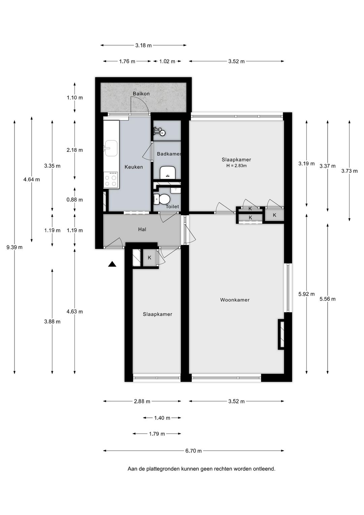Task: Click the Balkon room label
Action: (141, 93)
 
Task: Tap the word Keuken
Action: (134, 167)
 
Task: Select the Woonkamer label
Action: (235, 300)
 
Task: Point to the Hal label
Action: (142, 229)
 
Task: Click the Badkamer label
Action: (169, 154)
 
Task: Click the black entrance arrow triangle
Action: (112, 264)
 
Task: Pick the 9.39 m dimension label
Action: (14, 247)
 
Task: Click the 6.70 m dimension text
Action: (193, 451)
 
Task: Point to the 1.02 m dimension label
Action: (167, 61)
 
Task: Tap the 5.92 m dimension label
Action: (306, 294)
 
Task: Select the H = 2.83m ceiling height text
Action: (236, 165)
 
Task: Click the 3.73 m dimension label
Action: (349, 171)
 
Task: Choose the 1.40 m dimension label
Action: (162, 418)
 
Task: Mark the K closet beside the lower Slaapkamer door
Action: (150, 258)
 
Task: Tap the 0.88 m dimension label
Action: (74, 200)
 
